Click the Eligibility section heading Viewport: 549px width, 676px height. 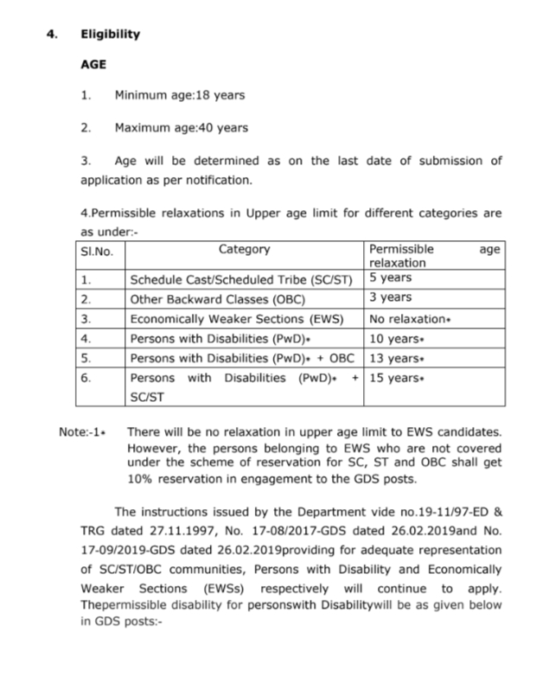coord(110,35)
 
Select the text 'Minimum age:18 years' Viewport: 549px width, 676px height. coord(180,95)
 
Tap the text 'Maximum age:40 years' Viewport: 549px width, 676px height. coord(181,128)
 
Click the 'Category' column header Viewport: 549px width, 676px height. coord(244,250)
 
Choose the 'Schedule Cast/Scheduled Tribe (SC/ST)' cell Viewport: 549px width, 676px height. coord(241,279)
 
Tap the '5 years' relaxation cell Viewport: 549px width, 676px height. coord(391,278)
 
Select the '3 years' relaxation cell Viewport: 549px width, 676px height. coord(391,297)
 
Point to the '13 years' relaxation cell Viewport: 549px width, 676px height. coord(396,357)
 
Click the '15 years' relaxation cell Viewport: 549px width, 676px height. coord(396,378)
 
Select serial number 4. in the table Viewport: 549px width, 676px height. coord(86,338)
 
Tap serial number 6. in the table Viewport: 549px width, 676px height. coord(86,378)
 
